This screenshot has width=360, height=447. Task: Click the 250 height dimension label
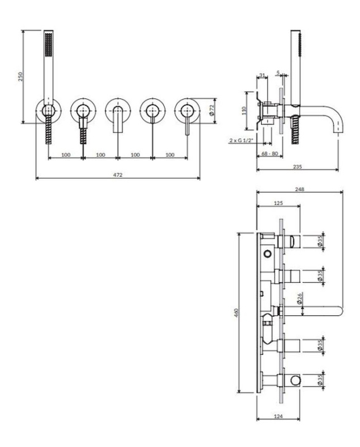tap(21, 77)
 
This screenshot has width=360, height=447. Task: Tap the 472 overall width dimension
tap(118, 174)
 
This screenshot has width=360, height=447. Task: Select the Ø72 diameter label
tap(212, 110)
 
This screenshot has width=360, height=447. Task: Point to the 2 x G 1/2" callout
tap(242, 140)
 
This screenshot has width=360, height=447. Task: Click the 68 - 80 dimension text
tap(270, 153)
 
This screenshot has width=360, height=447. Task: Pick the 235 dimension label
tap(297, 167)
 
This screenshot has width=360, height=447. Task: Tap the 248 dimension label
tap(300, 189)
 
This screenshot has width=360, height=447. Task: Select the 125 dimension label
tap(279, 203)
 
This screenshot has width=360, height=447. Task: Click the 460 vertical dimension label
tap(236, 312)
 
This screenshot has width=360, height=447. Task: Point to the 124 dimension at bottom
tap(279, 416)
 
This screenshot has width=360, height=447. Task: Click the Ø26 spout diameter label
tap(300, 298)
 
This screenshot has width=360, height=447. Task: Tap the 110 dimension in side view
tap(244, 110)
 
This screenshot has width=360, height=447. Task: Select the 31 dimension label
tap(262, 75)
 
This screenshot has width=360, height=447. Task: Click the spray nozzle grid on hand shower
tap(49, 44)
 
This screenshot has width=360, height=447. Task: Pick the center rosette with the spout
tap(118, 110)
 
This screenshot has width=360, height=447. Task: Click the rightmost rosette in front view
tap(187, 110)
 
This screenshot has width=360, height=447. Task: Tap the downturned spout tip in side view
tap(339, 132)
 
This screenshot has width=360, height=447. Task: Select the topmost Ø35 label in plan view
tap(320, 241)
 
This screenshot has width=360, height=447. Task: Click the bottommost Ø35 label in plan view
tap(320, 380)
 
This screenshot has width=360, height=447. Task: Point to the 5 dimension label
tap(279, 73)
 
